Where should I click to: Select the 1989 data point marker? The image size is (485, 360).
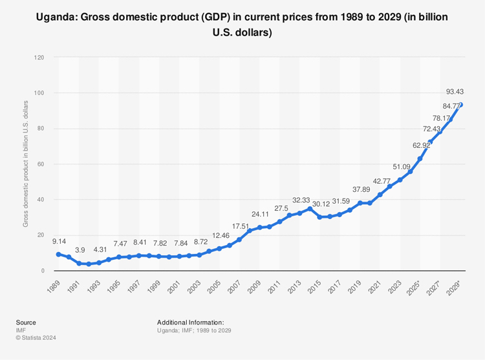click(x=58, y=254)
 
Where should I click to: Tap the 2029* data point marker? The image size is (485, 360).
click(x=461, y=105)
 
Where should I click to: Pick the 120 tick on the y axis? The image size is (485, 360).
click(x=39, y=58)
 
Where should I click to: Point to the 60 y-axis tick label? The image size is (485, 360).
click(x=41, y=164)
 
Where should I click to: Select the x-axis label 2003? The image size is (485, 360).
click(x=193, y=289)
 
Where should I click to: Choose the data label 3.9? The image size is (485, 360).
click(x=80, y=249)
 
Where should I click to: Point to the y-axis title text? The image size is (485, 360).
click(x=26, y=164)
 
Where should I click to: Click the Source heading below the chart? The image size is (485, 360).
click(x=27, y=322)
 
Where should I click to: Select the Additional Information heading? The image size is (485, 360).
click(x=190, y=322)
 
